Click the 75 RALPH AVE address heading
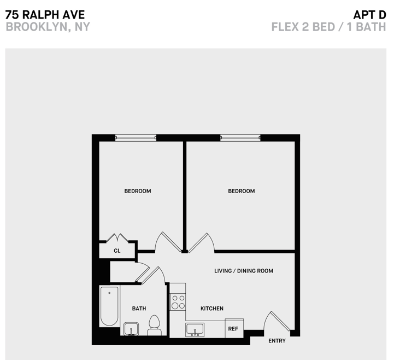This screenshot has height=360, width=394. [x=45, y=14]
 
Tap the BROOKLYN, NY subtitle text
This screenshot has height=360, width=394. [x=48, y=26]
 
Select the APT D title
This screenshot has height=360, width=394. [x=369, y=14]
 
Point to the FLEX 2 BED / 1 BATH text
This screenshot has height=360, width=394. [x=328, y=26]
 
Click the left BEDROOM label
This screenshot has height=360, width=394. [x=138, y=191]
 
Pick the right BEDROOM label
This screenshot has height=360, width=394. [x=241, y=191]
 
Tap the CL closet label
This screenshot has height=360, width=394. [x=117, y=251]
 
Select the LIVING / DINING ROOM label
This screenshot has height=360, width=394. [x=243, y=271]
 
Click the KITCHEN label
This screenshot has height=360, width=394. [x=211, y=309]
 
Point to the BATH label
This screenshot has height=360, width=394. [x=139, y=309]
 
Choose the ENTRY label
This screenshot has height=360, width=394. [x=277, y=341]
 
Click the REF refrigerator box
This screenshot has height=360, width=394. [x=233, y=329]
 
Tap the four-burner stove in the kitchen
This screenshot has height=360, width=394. [x=178, y=302]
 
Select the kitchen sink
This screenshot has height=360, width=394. [x=195, y=329]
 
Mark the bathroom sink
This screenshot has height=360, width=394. [x=131, y=329]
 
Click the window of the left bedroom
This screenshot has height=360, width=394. [x=136, y=138]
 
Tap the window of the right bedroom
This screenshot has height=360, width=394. [x=240, y=138]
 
